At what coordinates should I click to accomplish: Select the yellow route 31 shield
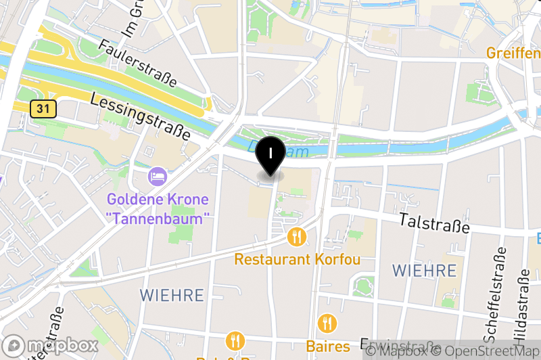tap(43, 108)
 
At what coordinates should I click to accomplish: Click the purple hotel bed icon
tap(158, 177)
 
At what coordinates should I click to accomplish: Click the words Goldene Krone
tap(158, 200)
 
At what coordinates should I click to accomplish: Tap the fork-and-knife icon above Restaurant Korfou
tap(296, 237)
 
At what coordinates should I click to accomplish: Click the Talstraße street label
tap(434, 223)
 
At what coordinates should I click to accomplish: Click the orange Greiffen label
tap(513, 52)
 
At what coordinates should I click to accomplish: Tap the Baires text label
tap(328, 346)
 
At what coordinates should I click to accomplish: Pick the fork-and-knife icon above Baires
tap(328, 323)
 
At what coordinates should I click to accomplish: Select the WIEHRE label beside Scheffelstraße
tap(425, 271)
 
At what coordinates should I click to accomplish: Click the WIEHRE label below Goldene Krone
tap(172, 295)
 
